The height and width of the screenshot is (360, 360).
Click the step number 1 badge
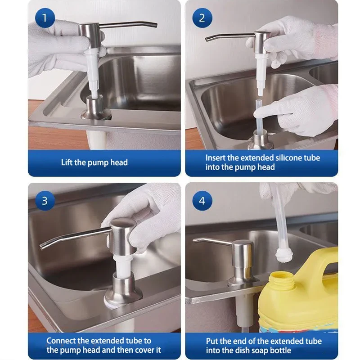(45, 18)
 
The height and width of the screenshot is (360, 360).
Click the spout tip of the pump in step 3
(42, 247)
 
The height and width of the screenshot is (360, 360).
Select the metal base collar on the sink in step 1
(95, 108)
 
